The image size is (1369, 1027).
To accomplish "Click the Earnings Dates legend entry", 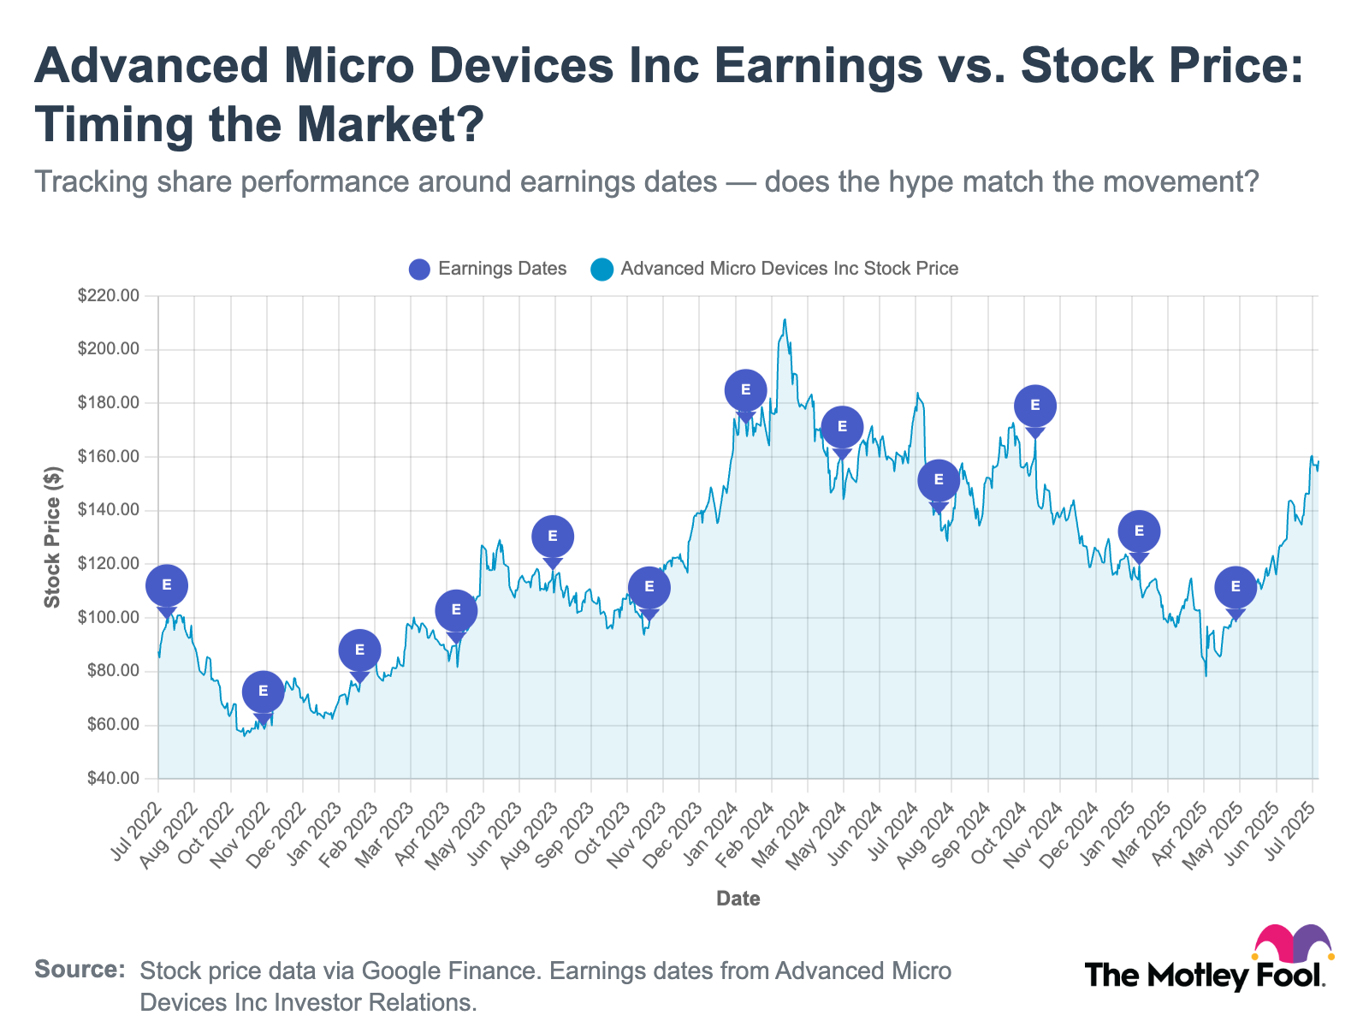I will click(488, 269).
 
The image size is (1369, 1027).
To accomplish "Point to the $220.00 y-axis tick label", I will click(107, 296).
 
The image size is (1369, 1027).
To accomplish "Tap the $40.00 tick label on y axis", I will click(110, 779).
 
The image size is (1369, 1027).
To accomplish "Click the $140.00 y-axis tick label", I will click(107, 510).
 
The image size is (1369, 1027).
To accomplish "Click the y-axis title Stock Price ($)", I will click(53, 537).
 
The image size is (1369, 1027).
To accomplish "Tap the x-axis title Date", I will click(738, 899).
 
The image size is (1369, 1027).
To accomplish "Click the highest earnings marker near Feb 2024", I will click(745, 390).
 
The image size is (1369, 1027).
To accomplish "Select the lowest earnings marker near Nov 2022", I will click(263, 692).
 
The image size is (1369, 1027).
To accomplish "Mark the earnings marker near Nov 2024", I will click(1035, 406).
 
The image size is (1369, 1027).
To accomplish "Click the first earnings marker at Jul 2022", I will click(167, 585).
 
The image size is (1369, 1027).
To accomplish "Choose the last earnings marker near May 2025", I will click(1236, 587).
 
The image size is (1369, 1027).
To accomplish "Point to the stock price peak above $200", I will click(785, 321).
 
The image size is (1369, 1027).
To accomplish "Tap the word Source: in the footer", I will click(80, 970).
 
